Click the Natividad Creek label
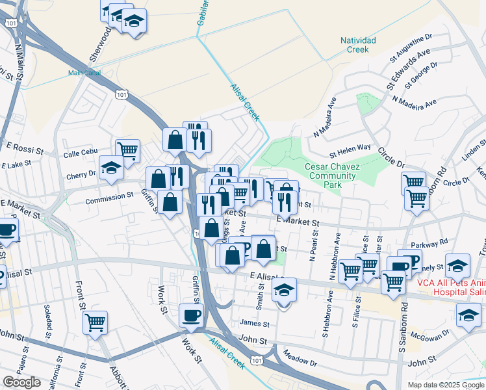[358, 44]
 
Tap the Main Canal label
[84, 73]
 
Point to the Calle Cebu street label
[80, 155]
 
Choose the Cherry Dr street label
[81, 175]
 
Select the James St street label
[254, 323]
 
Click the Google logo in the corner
[21, 382]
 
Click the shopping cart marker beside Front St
[95, 322]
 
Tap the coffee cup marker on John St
[191, 315]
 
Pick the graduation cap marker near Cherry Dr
[111, 168]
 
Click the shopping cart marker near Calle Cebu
[127, 151]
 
